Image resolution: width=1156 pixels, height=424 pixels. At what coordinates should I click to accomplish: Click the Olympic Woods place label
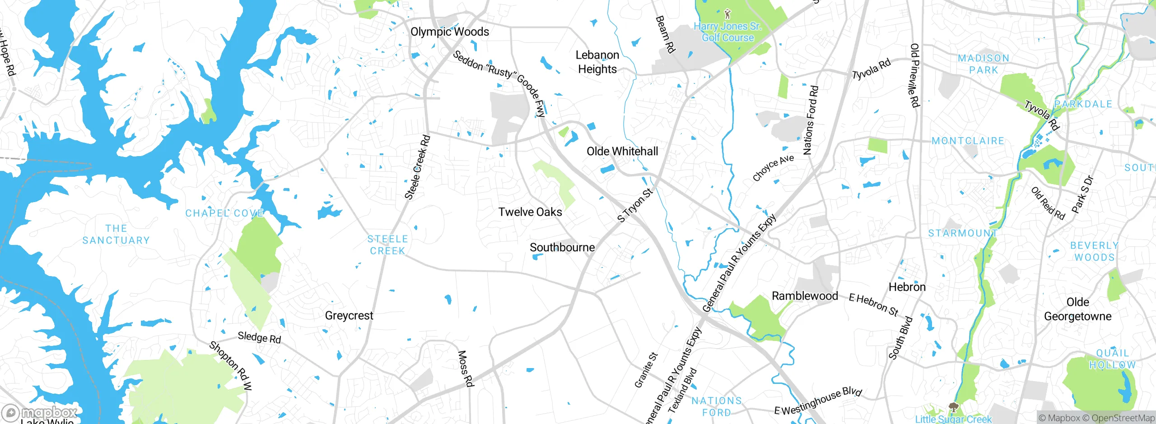click(449, 32)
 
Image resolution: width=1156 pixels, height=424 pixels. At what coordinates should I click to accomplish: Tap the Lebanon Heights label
click(597, 62)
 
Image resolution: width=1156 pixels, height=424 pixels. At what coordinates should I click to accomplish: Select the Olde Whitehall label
click(622, 152)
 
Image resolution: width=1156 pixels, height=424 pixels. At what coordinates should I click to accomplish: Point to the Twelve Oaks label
click(530, 212)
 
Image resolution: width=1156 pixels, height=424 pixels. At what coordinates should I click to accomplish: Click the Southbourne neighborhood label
click(562, 248)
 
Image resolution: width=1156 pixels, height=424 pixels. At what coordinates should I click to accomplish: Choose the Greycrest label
click(349, 316)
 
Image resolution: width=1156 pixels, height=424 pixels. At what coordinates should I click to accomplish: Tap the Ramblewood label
click(805, 296)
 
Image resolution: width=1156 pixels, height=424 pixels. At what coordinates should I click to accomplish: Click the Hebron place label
click(907, 287)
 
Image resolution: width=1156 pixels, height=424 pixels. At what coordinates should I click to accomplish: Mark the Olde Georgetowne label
click(1077, 309)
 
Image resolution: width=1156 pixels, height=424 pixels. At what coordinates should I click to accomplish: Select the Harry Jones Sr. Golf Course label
click(727, 32)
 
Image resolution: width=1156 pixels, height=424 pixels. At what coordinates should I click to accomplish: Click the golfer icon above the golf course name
click(727, 14)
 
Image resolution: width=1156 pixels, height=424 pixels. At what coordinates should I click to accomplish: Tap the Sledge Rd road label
click(259, 337)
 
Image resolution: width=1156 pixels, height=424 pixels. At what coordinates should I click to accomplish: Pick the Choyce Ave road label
click(773, 167)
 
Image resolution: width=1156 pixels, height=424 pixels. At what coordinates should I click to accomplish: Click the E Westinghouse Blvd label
click(818, 401)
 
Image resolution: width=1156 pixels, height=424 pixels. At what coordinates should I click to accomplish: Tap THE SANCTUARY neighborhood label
click(116, 235)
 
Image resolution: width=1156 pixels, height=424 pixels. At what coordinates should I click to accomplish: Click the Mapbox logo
click(39, 413)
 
